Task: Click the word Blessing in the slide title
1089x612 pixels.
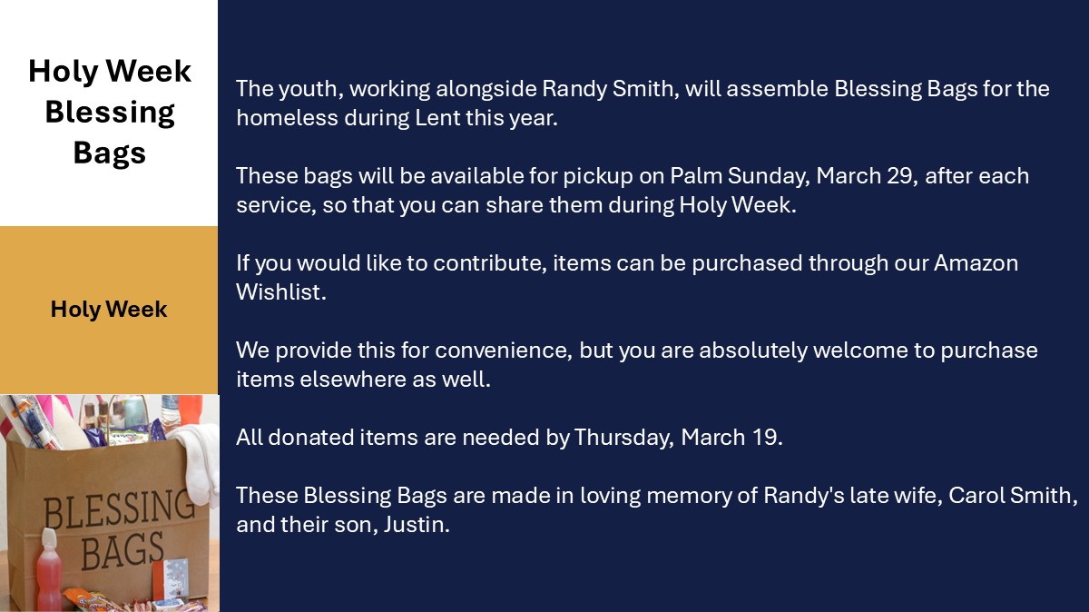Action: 110,113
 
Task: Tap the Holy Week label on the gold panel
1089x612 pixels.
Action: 109,310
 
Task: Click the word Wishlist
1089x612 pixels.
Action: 281,292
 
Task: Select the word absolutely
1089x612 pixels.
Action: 753,351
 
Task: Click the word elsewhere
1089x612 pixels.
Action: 353,380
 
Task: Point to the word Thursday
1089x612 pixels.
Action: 623,438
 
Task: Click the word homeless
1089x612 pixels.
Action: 287,118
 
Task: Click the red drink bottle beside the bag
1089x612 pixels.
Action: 49,569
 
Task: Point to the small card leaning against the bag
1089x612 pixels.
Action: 172,578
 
